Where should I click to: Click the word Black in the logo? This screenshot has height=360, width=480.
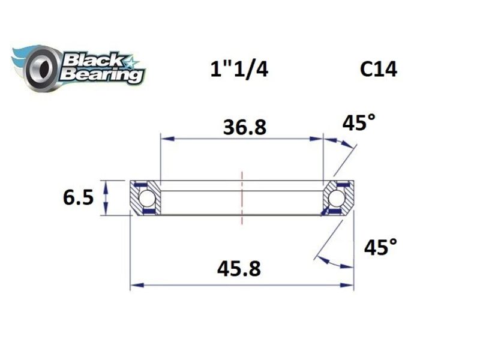[92, 61]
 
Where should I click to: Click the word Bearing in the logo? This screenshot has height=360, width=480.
[101, 75]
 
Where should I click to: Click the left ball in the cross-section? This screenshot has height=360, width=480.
[146, 197]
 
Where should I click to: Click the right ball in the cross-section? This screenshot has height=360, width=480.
[337, 197]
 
